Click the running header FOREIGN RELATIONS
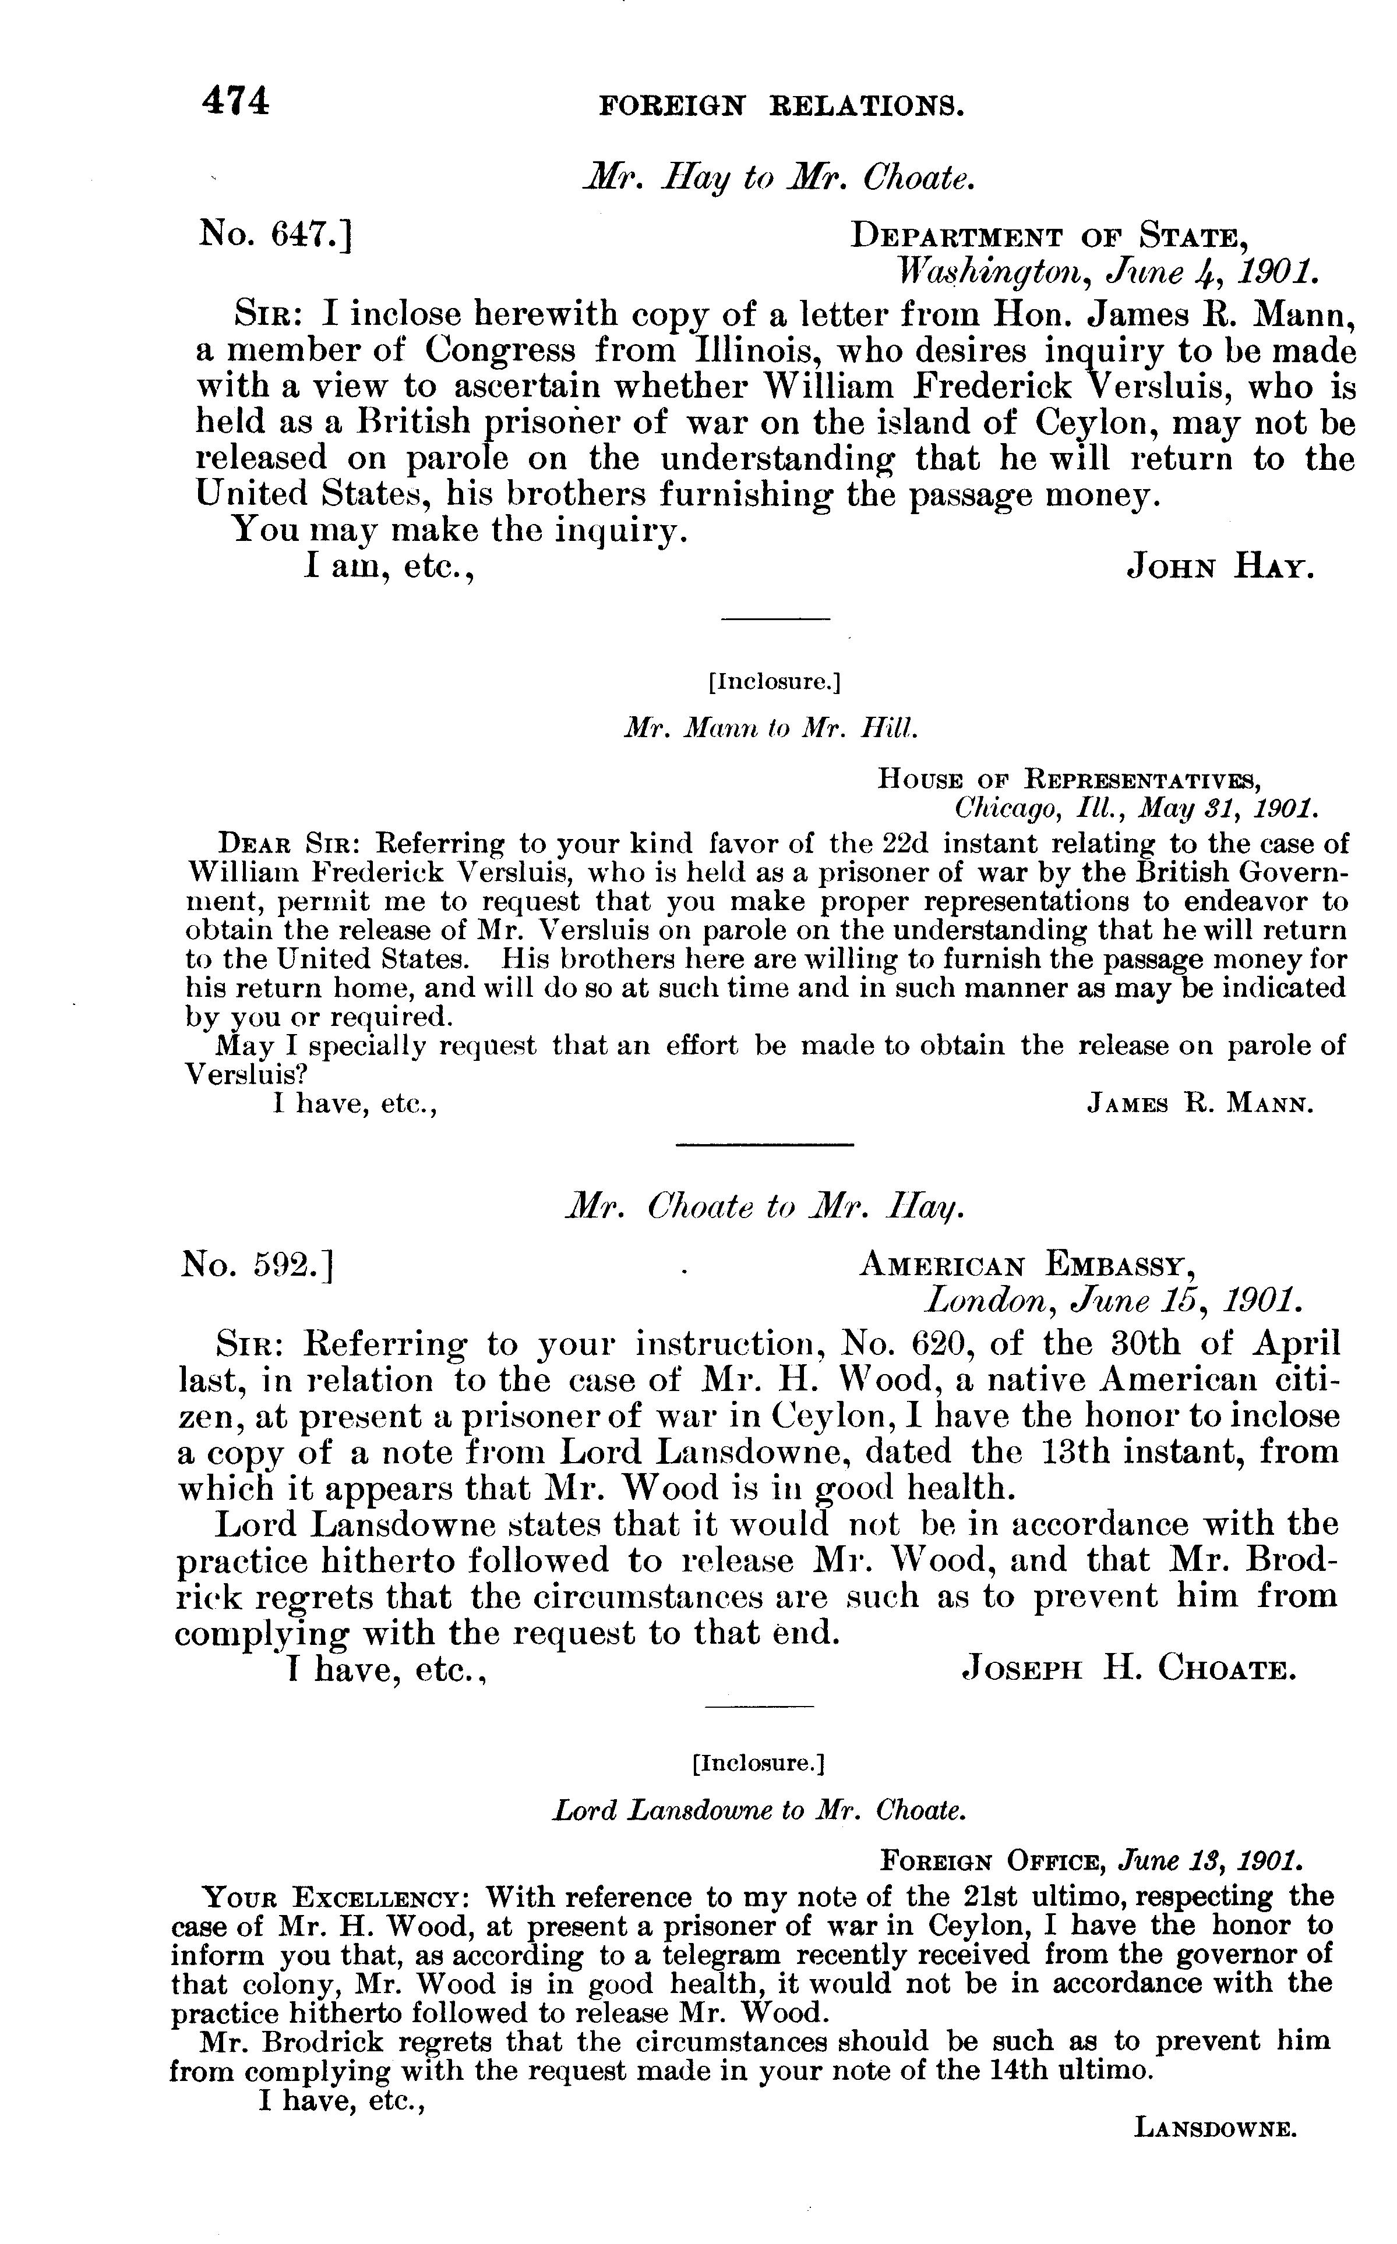click(782, 106)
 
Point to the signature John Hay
click(1219, 567)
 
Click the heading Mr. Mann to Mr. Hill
click(771, 728)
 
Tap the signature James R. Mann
click(1200, 1105)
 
